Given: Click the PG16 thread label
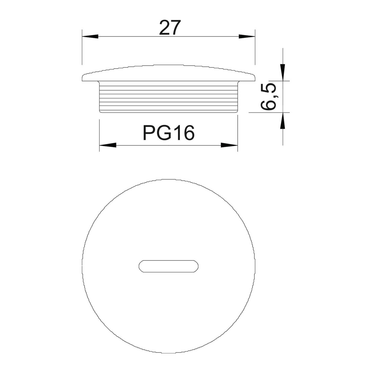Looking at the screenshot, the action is tap(169, 133).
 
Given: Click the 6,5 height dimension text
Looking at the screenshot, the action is tap(269, 96).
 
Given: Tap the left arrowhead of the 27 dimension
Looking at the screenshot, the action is tap(90, 36).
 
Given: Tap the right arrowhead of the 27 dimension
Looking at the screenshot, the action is tap(247, 36).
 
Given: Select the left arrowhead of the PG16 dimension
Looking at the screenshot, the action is tap(108, 145).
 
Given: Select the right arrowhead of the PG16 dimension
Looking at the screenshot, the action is tap(229, 145).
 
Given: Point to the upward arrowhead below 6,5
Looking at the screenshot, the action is tap(283, 120).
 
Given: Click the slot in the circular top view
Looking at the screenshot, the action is tap(168, 266).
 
